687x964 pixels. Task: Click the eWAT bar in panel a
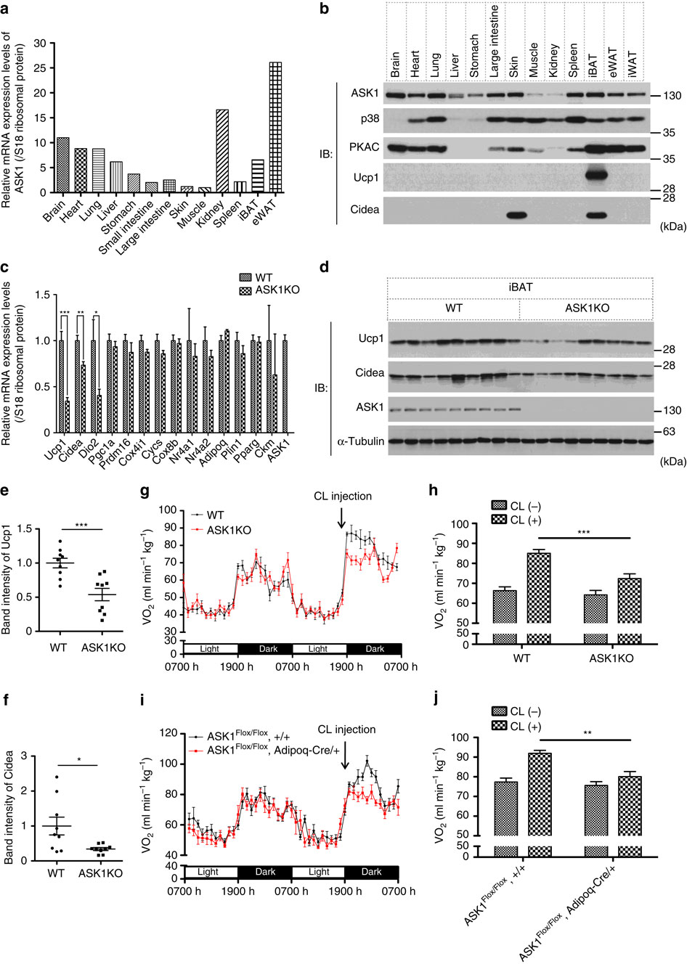pyautogui.click(x=275, y=127)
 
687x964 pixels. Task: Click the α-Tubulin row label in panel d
pyautogui.click(x=361, y=441)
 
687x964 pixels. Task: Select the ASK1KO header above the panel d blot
pyautogui.click(x=587, y=308)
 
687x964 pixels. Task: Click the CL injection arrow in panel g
pyautogui.click(x=341, y=518)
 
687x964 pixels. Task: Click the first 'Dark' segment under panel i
pyautogui.click(x=265, y=872)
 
